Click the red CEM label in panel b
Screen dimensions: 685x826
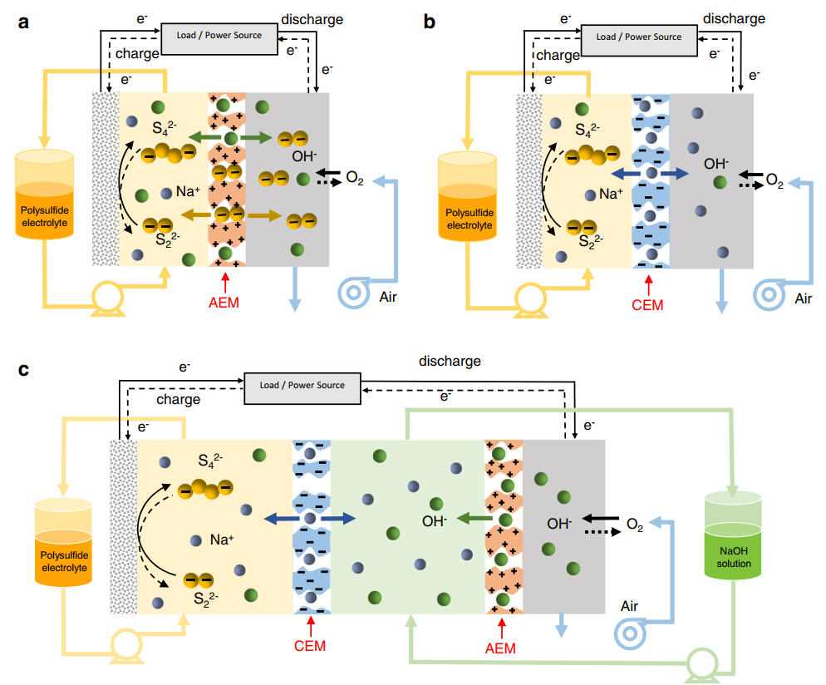pos(647,304)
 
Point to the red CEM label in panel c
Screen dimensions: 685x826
pos(310,646)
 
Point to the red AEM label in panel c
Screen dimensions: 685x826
pos(499,648)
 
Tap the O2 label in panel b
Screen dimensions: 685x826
pos(774,180)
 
